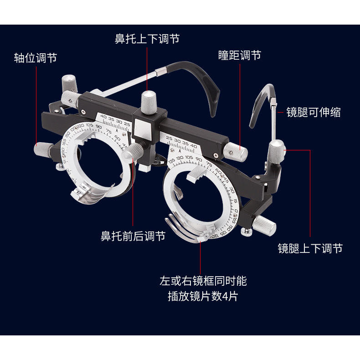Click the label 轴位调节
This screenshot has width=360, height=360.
pos(36,58)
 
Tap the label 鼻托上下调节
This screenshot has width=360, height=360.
pos(147,39)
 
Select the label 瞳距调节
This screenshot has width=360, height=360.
pos(240,55)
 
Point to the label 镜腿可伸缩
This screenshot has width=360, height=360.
pos(314,112)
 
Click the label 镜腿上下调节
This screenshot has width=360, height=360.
pos(310,248)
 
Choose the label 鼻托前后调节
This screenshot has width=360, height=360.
pos(133,237)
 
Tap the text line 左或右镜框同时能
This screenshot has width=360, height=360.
pos(202,281)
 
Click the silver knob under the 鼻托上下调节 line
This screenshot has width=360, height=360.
pos(147,101)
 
